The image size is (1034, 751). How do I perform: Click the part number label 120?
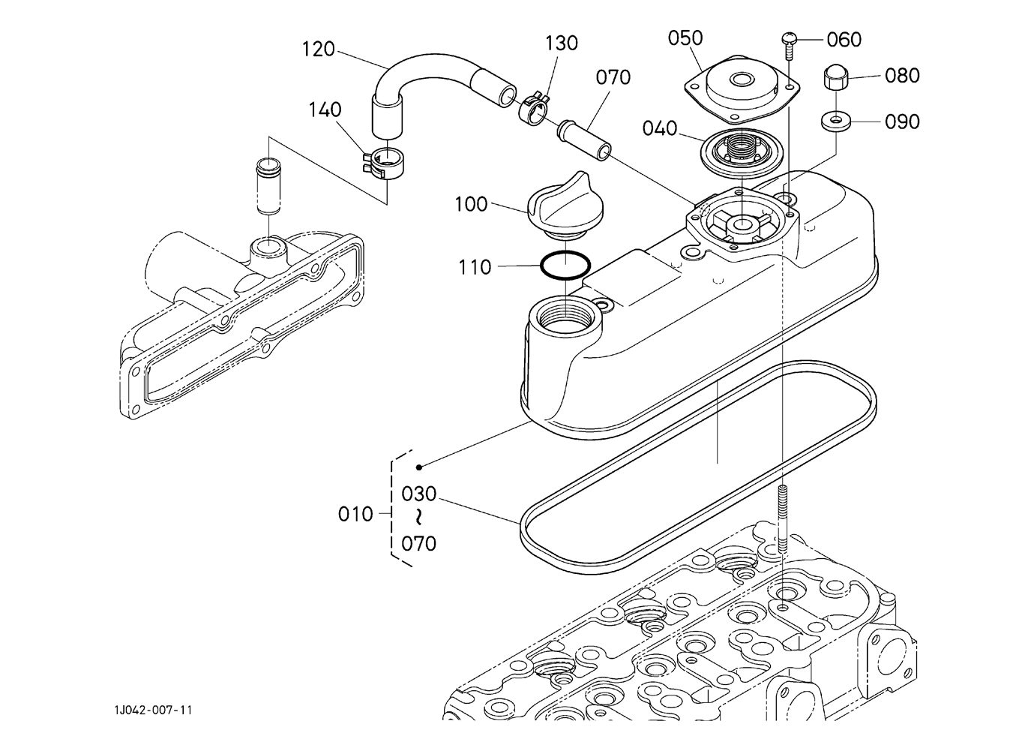pos(318,50)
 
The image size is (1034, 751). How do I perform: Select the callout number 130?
pos(562,44)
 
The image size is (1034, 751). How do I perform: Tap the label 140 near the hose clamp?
pos(325,110)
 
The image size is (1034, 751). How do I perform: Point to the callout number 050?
pos(685,38)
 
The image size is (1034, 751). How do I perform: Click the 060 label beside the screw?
pos(844,40)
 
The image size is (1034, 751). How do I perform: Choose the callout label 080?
pos(903,76)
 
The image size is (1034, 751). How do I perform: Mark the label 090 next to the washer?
pos(903,122)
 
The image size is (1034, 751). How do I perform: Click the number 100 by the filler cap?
pos(472,204)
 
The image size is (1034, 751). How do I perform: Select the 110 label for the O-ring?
pos(475,267)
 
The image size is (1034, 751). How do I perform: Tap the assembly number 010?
pos(355,514)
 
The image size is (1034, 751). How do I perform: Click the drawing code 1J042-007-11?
pos(153,710)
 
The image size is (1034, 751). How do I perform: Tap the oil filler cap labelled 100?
pos(566,206)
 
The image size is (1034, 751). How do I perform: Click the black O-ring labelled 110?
pos(565,265)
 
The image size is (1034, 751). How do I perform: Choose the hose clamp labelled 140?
pos(382,164)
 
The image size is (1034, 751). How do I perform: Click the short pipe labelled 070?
pos(585,140)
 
